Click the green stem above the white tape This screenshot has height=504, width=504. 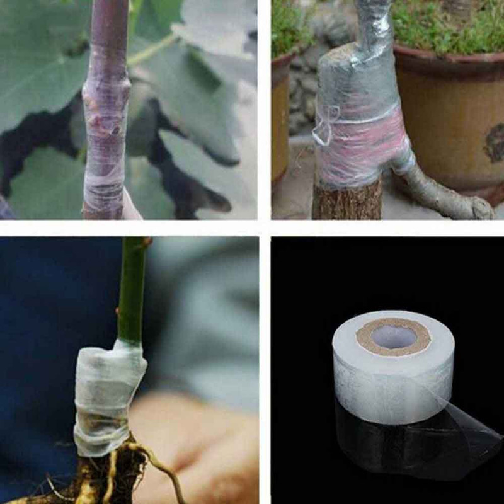(133, 290)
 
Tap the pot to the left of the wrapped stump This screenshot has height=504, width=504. (282, 120)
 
